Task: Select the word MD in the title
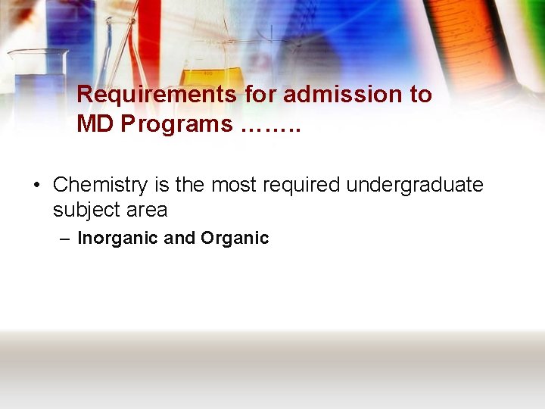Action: point(94,125)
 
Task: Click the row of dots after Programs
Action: point(270,126)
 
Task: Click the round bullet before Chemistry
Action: point(36,186)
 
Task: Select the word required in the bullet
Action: point(307,186)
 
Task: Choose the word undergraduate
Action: point(415,186)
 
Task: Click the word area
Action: point(148,210)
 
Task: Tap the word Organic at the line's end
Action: point(235,239)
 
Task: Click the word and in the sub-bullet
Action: point(179,239)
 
